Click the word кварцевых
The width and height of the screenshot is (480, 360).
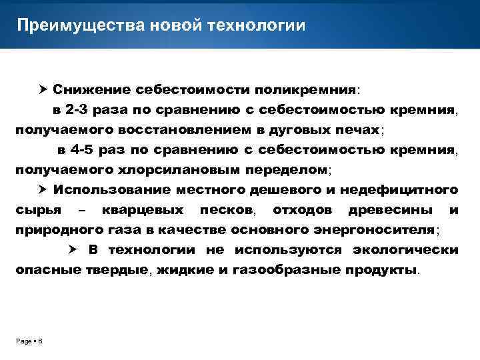tap(143, 210)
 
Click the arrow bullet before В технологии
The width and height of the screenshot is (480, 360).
tap(75, 250)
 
